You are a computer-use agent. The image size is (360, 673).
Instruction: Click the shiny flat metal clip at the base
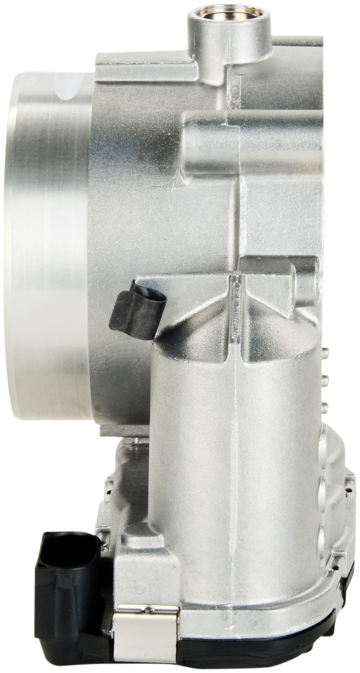coord(146,633)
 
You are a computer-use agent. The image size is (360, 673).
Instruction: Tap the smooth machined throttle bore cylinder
coord(49,247)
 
